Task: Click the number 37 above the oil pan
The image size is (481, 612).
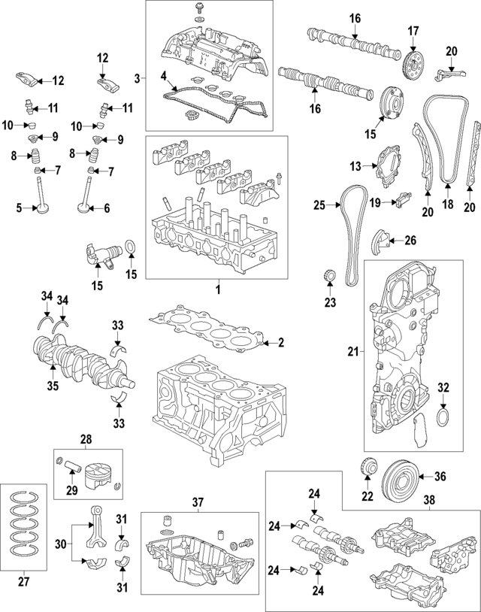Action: [x=198, y=503]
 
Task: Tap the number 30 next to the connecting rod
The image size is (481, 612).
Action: [x=61, y=544]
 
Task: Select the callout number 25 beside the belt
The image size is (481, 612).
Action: [x=319, y=205]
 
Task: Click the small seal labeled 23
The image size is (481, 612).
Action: [x=328, y=276]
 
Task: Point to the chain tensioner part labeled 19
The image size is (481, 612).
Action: [x=402, y=201]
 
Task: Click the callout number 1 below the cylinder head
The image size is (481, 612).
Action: [x=217, y=289]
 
